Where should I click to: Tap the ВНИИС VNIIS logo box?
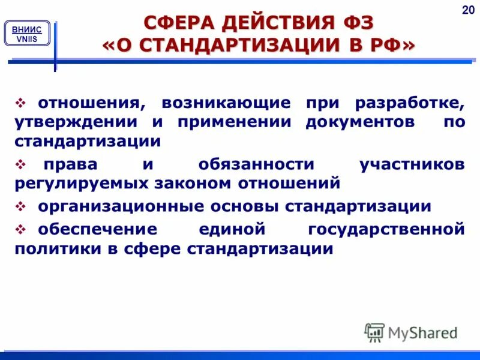pyautogui.click(x=27, y=34)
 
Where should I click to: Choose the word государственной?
pyautogui.click(x=386, y=229)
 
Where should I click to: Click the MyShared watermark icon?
pyautogui.click(x=374, y=332)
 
